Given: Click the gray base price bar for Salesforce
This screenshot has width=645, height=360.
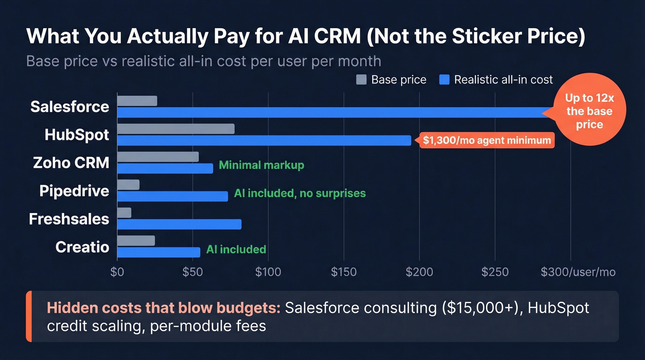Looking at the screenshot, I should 137,101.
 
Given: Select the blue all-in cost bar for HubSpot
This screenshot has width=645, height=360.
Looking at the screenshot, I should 264,141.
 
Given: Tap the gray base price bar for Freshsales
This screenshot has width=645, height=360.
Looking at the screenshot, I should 124,212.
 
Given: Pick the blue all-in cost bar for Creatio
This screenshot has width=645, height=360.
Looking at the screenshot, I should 158,252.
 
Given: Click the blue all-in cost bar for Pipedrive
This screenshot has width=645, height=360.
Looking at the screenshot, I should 172,196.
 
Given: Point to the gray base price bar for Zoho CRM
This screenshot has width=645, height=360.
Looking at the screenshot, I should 158,157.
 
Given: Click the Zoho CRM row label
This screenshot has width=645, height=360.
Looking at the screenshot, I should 71,163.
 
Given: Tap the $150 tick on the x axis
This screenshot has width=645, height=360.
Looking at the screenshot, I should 344,272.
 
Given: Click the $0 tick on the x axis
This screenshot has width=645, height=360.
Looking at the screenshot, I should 117,272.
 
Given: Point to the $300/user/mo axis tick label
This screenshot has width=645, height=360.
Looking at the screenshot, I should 578,272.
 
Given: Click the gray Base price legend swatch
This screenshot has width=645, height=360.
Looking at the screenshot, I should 361,80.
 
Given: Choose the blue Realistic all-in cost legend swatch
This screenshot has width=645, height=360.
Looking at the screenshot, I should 444,80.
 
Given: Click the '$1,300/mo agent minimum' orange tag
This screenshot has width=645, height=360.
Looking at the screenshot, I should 487,141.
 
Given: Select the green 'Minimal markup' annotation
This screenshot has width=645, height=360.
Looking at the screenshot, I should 261,165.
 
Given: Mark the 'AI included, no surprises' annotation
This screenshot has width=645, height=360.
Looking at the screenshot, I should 299,193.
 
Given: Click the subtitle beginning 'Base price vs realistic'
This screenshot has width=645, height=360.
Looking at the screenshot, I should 204,61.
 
